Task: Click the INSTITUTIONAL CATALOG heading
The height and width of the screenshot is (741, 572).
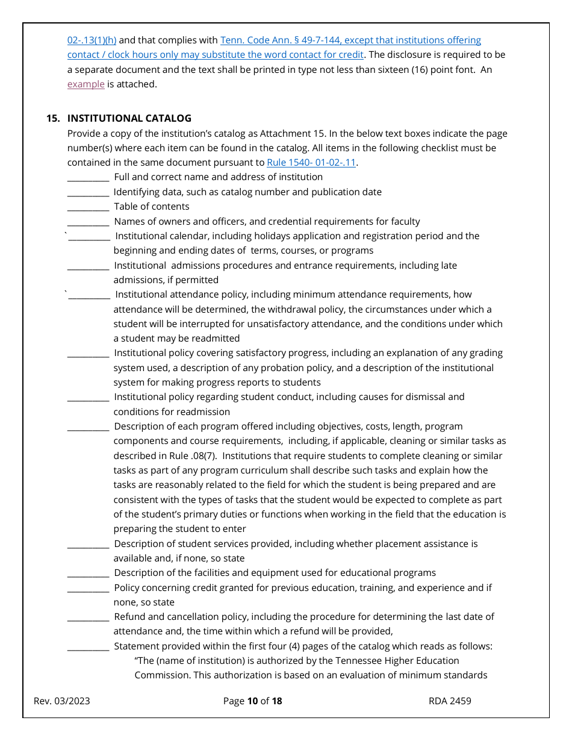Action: (x=129, y=118)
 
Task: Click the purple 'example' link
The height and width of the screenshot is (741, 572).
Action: (x=85, y=84)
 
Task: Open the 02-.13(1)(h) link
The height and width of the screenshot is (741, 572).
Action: (x=92, y=40)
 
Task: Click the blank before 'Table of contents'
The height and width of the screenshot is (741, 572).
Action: (x=88, y=207)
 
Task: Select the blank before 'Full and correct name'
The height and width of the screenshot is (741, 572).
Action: (x=88, y=178)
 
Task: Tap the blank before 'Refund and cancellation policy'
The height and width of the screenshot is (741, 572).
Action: (x=88, y=617)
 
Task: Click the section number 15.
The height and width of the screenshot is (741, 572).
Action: (x=53, y=118)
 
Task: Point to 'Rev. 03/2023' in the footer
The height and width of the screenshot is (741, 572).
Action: (x=62, y=701)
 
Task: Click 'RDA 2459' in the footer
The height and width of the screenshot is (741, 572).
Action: (x=450, y=701)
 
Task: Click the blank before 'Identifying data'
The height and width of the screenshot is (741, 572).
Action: (x=88, y=193)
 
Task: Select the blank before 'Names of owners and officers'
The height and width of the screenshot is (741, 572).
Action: (x=88, y=222)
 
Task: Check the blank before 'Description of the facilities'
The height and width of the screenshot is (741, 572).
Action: (x=88, y=574)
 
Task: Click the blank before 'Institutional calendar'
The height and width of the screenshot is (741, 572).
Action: (x=89, y=237)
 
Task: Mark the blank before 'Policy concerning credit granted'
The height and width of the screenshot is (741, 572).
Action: (x=88, y=589)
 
